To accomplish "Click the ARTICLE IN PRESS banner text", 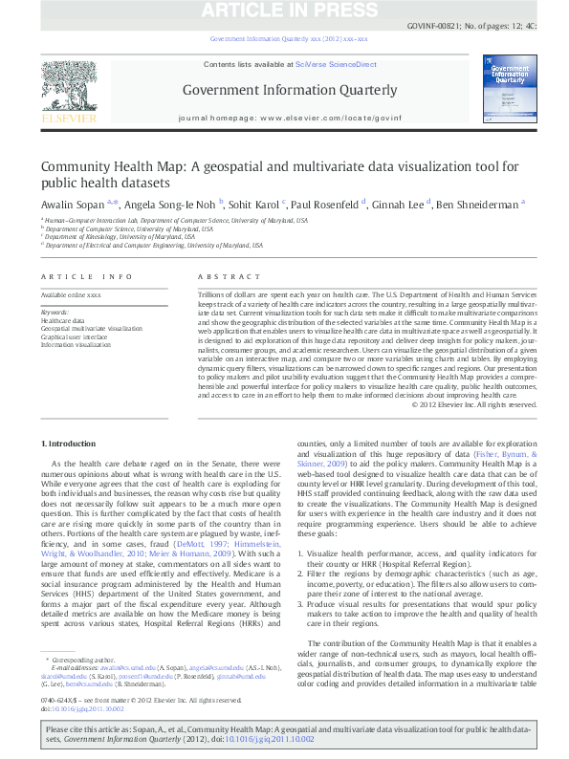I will (x=285, y=11).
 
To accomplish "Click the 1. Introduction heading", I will (x=70, y=445).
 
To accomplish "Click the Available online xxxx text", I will (x=71, y=295).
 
